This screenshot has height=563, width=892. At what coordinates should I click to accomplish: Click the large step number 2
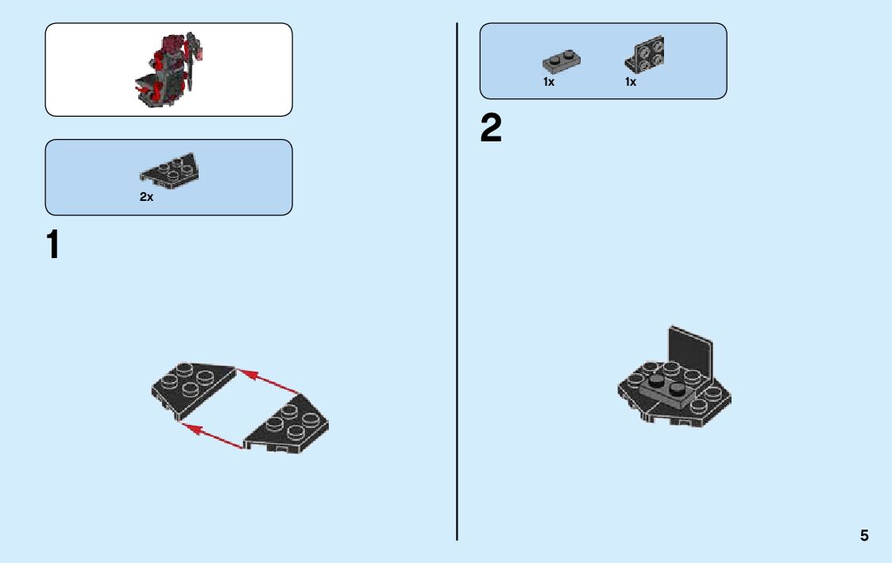(491, 129)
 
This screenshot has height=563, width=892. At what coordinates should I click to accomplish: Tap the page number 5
(864, 536)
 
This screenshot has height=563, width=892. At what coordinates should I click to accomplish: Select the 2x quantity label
(147, 197)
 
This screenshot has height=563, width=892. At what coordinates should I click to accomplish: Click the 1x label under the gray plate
(549, 82)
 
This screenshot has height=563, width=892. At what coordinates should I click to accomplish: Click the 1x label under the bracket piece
(631, 82)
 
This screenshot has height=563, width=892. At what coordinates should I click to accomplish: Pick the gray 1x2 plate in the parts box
(562, 60)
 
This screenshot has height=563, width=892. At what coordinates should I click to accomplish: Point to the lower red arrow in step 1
(212, 437)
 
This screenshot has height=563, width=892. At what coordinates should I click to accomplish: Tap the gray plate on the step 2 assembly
(666, 388)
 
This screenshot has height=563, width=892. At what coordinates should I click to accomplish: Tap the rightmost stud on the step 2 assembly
(699, 405)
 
